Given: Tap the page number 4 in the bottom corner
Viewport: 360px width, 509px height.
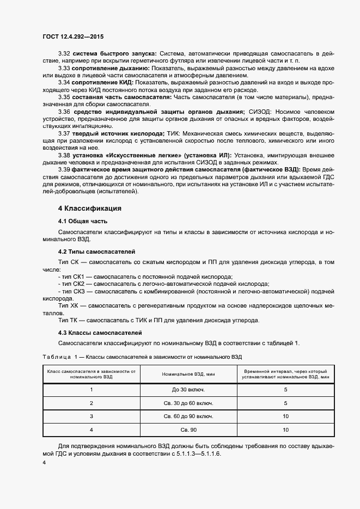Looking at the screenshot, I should tap(44, 462).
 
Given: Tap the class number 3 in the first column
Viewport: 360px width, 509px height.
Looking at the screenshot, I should tap(91, 416).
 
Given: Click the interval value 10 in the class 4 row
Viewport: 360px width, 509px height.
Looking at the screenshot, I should tap(285, 430).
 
